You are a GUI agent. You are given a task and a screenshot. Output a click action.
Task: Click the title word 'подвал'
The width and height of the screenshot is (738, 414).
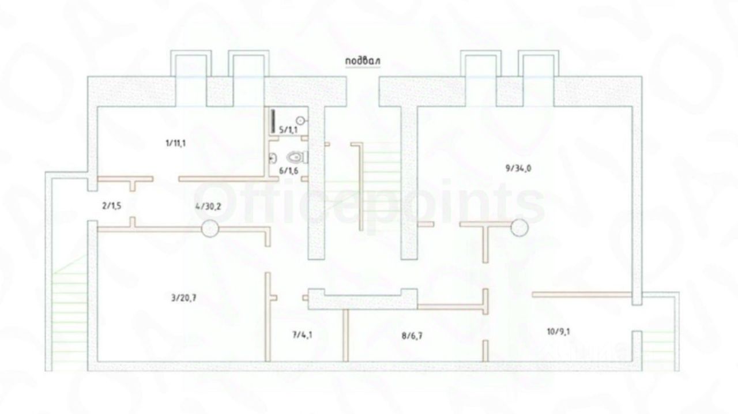click(363, 61)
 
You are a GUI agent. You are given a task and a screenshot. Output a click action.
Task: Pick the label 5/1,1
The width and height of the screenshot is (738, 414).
click(288, 130)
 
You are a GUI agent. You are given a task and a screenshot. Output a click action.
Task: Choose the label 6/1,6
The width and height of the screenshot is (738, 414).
click(288, 170)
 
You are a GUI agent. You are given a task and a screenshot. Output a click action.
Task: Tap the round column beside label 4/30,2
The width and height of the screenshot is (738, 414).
click(210, 228)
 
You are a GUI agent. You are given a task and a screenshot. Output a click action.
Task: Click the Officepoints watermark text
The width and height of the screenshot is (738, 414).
click(369, 202)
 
